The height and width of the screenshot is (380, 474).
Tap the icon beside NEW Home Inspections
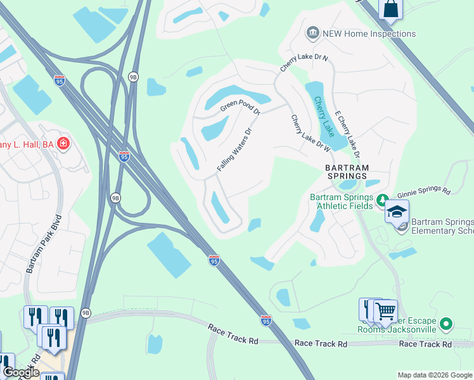312,33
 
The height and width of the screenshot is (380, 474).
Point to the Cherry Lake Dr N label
305,66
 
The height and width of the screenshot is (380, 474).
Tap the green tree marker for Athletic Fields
382,201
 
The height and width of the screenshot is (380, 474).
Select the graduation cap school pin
397,212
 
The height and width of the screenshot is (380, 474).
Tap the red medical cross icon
63,144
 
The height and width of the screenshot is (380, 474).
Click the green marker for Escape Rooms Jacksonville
447,324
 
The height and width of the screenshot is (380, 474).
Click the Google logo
20,372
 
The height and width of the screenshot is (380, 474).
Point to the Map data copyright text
435,375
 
